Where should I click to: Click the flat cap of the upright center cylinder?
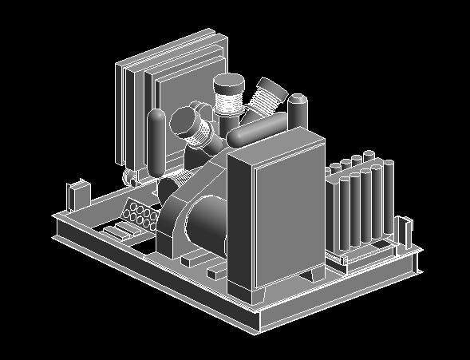point(229,81)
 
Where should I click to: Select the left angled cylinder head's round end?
point(187,122)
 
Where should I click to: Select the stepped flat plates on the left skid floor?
point(117,231)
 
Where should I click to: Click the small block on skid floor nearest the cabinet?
point(218,274)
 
